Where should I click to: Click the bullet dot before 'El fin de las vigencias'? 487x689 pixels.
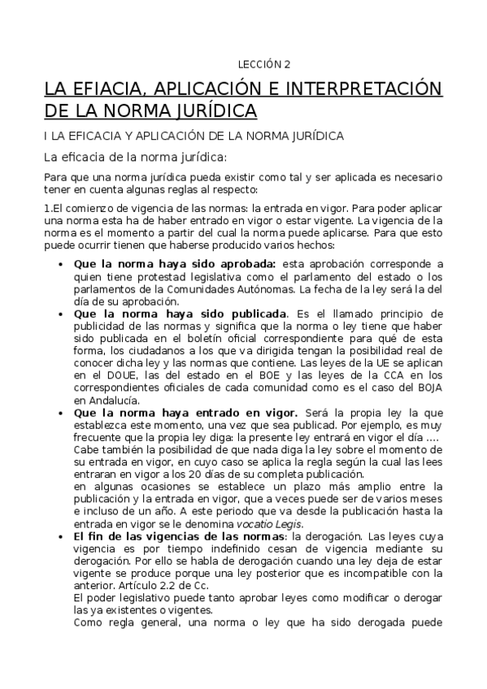63,537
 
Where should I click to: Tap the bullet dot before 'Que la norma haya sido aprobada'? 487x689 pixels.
63,264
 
